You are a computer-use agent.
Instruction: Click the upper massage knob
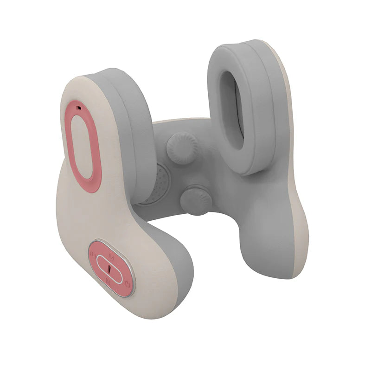pos(182,148)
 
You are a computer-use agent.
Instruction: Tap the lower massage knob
pos(196,200)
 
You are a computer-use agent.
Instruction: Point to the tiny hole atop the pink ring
pos(79,108)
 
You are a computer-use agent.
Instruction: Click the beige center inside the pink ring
pos(83,146)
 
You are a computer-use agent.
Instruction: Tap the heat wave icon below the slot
pos(108,281)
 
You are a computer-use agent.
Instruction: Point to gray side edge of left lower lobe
pos(183,278)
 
